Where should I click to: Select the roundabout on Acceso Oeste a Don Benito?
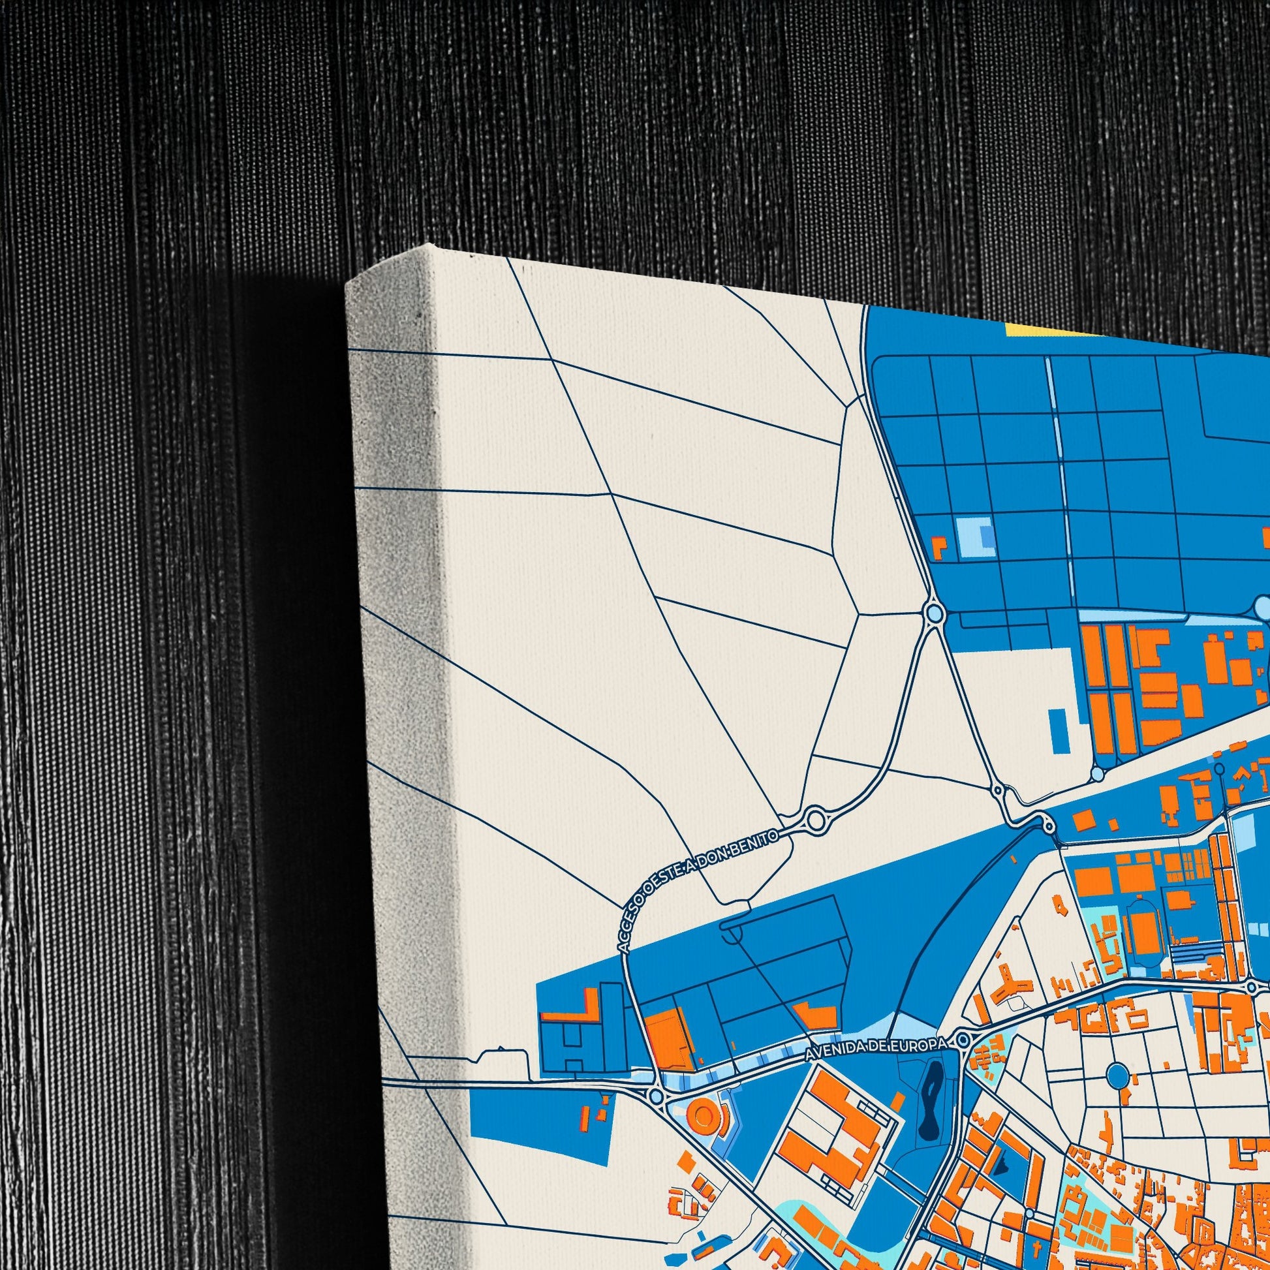815,820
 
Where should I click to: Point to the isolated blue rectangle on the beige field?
1057,729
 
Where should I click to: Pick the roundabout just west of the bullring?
655,1096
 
